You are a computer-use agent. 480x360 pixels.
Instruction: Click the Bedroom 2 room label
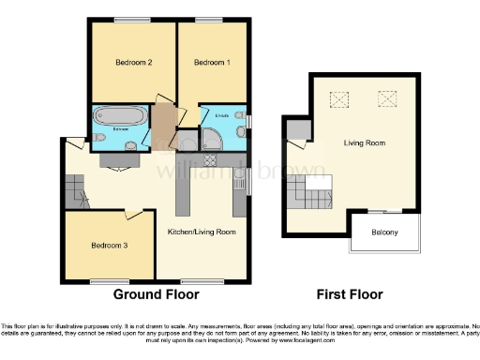click(x=134, y=63)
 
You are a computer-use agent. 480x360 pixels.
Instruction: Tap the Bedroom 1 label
click(x=211, y=63)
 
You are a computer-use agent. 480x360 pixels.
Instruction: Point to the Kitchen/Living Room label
click(x=202, y=231)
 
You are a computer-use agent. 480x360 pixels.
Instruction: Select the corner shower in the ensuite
click(x=214, y=139)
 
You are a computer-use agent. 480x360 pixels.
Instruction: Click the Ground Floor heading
click(x=157, y=294)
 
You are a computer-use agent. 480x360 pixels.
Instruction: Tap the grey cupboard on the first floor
click(x=297, y=129)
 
